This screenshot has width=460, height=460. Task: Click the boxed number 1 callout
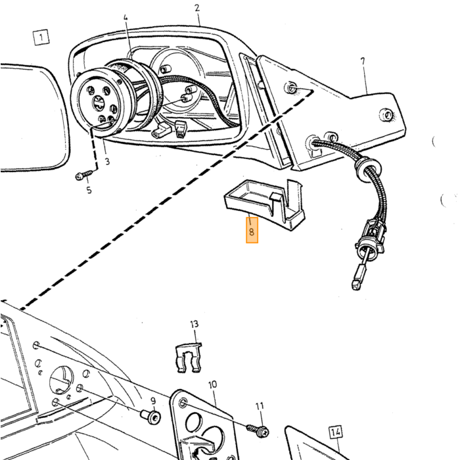click(x=41, y=37)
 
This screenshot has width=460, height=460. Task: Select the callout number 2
click(x=197, y=8)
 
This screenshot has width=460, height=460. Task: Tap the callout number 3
click(x=107, y=162)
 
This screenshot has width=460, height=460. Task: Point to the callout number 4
click(x=126, y=18)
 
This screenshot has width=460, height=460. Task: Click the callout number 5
click(x=89, y=190)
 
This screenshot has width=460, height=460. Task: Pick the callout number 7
click(x=363, y=61)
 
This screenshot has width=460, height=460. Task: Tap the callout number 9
click(x=153, y=401)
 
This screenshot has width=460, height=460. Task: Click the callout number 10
click(x=213, y=384)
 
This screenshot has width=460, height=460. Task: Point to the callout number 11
click(x=260, y=406)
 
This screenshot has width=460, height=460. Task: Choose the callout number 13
click(x=195, y=324)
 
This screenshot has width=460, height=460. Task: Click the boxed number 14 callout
click(x=336, y=432)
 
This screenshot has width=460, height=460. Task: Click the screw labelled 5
click(x=84, y=175)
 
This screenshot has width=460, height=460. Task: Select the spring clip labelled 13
click(x=189, y=357)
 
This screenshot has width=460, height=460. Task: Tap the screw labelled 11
click(x=258, y=430)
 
